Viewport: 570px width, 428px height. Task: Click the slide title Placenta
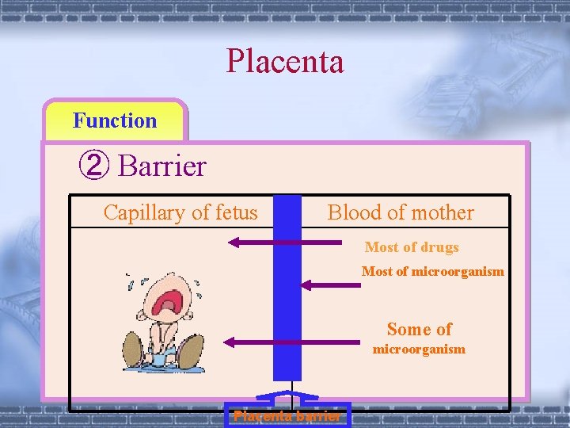[x=285, y=62]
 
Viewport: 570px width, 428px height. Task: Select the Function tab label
[x=115, y=121]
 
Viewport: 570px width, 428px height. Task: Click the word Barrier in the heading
[x=161, y=166]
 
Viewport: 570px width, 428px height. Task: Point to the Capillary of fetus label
[x=180, y=212]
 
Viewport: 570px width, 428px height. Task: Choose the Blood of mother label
[x=401, y=212]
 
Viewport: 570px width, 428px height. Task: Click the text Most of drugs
[x=412, y=247]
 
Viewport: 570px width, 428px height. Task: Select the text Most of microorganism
[x=432, y=271]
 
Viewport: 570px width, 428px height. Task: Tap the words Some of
[x=419, y=329]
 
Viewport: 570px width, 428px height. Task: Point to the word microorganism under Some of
[x=419, y=350]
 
